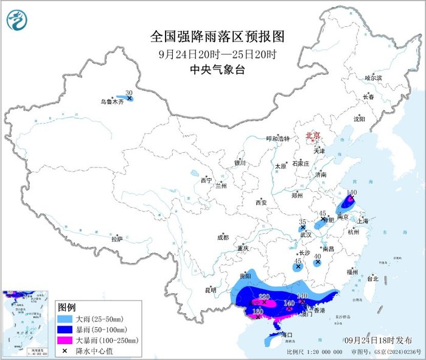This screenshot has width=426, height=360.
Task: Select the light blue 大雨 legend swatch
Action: (x=65, y=318)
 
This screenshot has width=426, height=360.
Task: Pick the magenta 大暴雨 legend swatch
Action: (x=65, y=340)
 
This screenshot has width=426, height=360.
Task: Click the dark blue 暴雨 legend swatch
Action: (x=65, y=329)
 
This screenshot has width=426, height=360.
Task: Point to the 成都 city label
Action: (x=222, y=238)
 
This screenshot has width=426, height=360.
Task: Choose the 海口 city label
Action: (x=285, y=335)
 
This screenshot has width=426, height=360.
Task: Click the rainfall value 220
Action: (x=264, y=296)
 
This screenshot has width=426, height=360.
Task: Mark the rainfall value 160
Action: (x=258, y=311)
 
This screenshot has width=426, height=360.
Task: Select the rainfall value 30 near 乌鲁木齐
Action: (x=128, y=93)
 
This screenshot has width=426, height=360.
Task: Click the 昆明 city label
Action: (x=210, y=290)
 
